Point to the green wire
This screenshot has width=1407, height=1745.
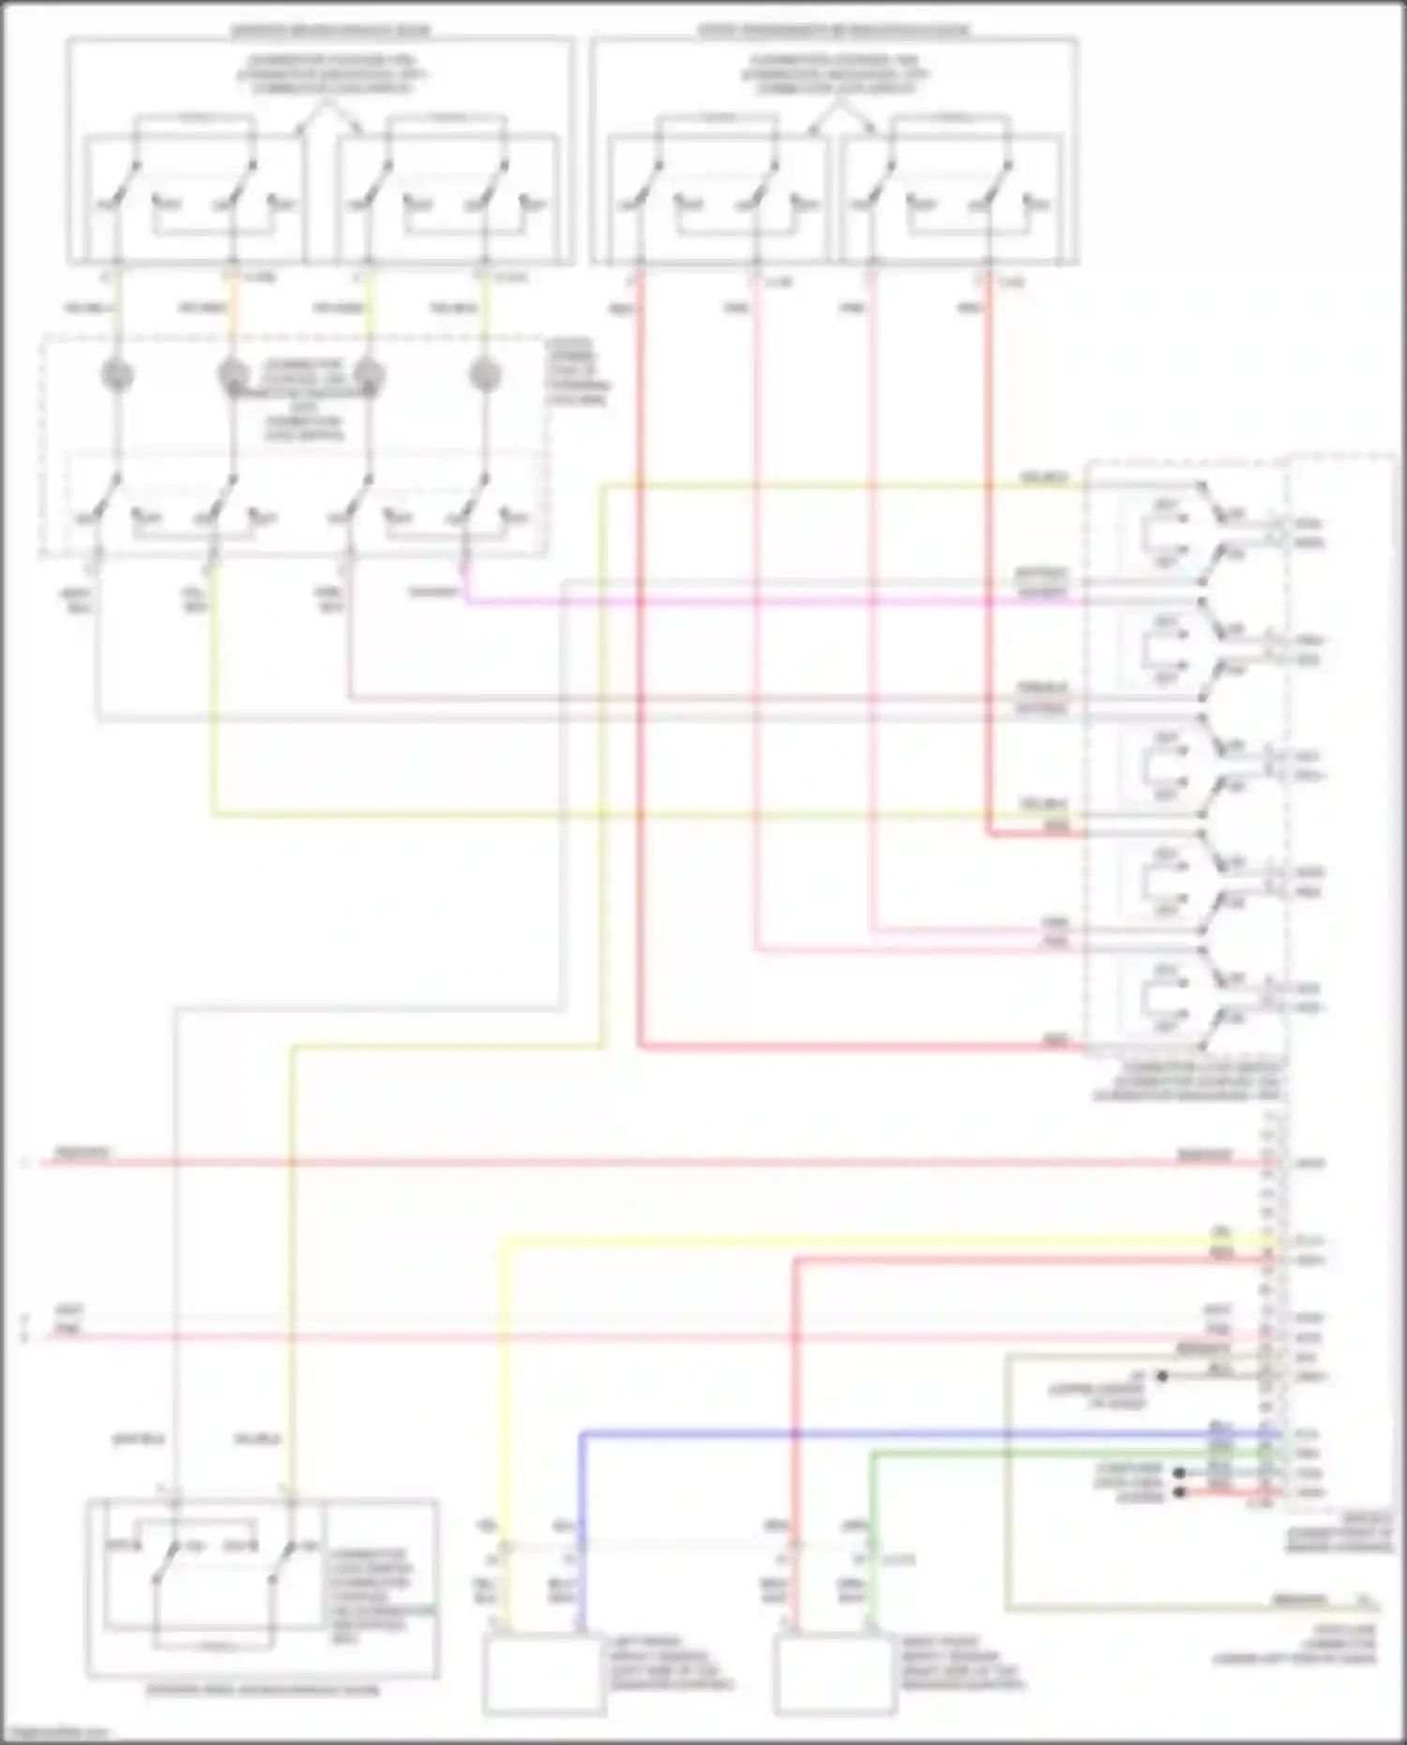[x=1032, y=1453]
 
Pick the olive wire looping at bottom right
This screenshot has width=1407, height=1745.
[x=1007, y=1500]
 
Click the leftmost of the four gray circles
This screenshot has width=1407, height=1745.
[x=117, y=376]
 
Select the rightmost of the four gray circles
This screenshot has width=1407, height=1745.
[x=484, y=376]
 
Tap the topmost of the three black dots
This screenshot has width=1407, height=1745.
[x=1162, y=1376]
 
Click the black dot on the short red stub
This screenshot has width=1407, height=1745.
[x=1180, y=1491]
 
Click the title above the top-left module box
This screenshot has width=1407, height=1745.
[x=330, y=31]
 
